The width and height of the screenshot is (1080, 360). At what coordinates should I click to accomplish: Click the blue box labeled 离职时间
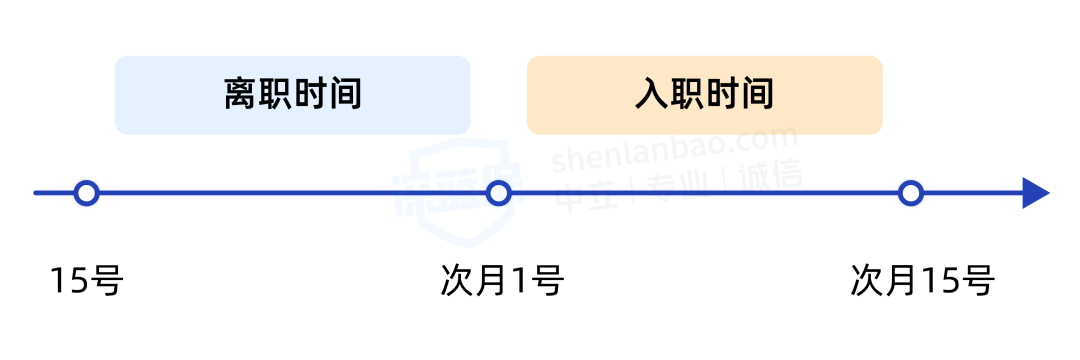292,95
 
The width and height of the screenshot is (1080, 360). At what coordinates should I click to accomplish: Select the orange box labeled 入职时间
704,95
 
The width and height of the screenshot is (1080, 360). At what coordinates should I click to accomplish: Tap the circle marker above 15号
87,193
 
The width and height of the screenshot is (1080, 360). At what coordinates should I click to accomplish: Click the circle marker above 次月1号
498,193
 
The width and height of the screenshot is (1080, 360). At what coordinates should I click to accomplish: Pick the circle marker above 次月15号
910,193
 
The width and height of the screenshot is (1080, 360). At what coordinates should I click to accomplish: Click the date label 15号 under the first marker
86,281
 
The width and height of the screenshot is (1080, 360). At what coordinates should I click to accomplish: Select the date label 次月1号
502,281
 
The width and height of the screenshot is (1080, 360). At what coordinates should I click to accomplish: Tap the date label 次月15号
922,281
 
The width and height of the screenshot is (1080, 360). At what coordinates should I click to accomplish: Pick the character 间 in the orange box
757,95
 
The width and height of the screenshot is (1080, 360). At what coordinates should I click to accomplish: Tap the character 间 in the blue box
344,95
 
